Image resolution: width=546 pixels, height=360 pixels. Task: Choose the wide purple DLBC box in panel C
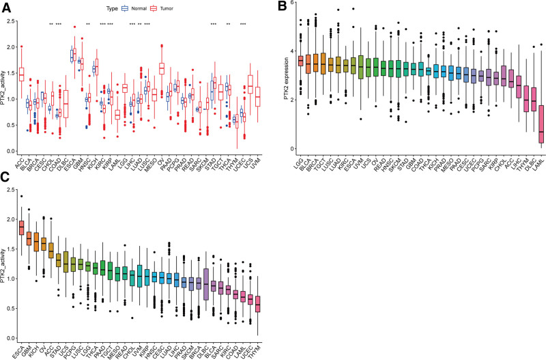click(207, 283)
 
